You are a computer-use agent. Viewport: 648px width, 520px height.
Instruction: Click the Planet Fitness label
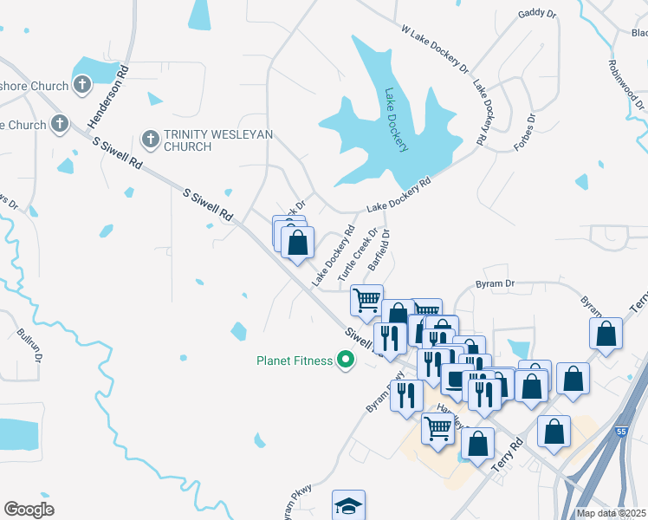(294, 361)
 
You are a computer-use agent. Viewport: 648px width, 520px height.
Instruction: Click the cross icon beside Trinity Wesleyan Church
(150, 138)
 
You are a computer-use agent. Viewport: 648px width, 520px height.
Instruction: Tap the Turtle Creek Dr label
(359, 255)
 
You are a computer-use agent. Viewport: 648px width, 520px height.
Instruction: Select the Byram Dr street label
(496, 283)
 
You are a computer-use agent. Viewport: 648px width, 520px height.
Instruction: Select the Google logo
(29, 510)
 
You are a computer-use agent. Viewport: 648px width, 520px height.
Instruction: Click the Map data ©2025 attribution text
(611, 513)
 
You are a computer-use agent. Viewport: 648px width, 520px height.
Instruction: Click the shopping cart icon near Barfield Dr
(366, 300)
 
